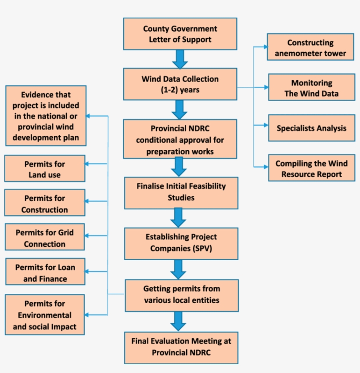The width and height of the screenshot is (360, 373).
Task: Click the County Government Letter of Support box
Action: point(180,34)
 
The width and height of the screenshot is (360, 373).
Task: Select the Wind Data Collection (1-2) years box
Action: point(180,84)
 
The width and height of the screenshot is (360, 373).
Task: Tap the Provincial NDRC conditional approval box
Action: point(180,140)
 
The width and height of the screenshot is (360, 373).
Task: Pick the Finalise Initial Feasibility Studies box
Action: point(181,192)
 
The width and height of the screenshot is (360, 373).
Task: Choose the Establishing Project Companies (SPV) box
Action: point(181,243)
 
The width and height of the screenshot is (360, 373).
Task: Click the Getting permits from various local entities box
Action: point(181,295)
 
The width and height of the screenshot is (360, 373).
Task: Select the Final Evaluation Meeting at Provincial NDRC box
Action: point(181,347)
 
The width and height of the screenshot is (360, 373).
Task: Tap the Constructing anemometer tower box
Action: point(310,48)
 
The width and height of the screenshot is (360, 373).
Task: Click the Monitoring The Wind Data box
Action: point(311,88)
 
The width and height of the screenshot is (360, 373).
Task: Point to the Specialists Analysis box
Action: point(311,128)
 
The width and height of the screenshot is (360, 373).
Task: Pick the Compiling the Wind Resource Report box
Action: point(311,168)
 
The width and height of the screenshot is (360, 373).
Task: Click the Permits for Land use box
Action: point(45,169)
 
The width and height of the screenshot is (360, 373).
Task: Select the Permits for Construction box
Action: point(45,203)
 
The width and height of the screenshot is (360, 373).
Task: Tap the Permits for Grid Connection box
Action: point(45,238)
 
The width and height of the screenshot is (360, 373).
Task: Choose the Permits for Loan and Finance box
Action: point(45,272)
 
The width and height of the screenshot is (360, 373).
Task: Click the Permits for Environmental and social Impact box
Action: point(45,315)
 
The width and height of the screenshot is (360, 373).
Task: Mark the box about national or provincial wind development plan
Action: point(46,116)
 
